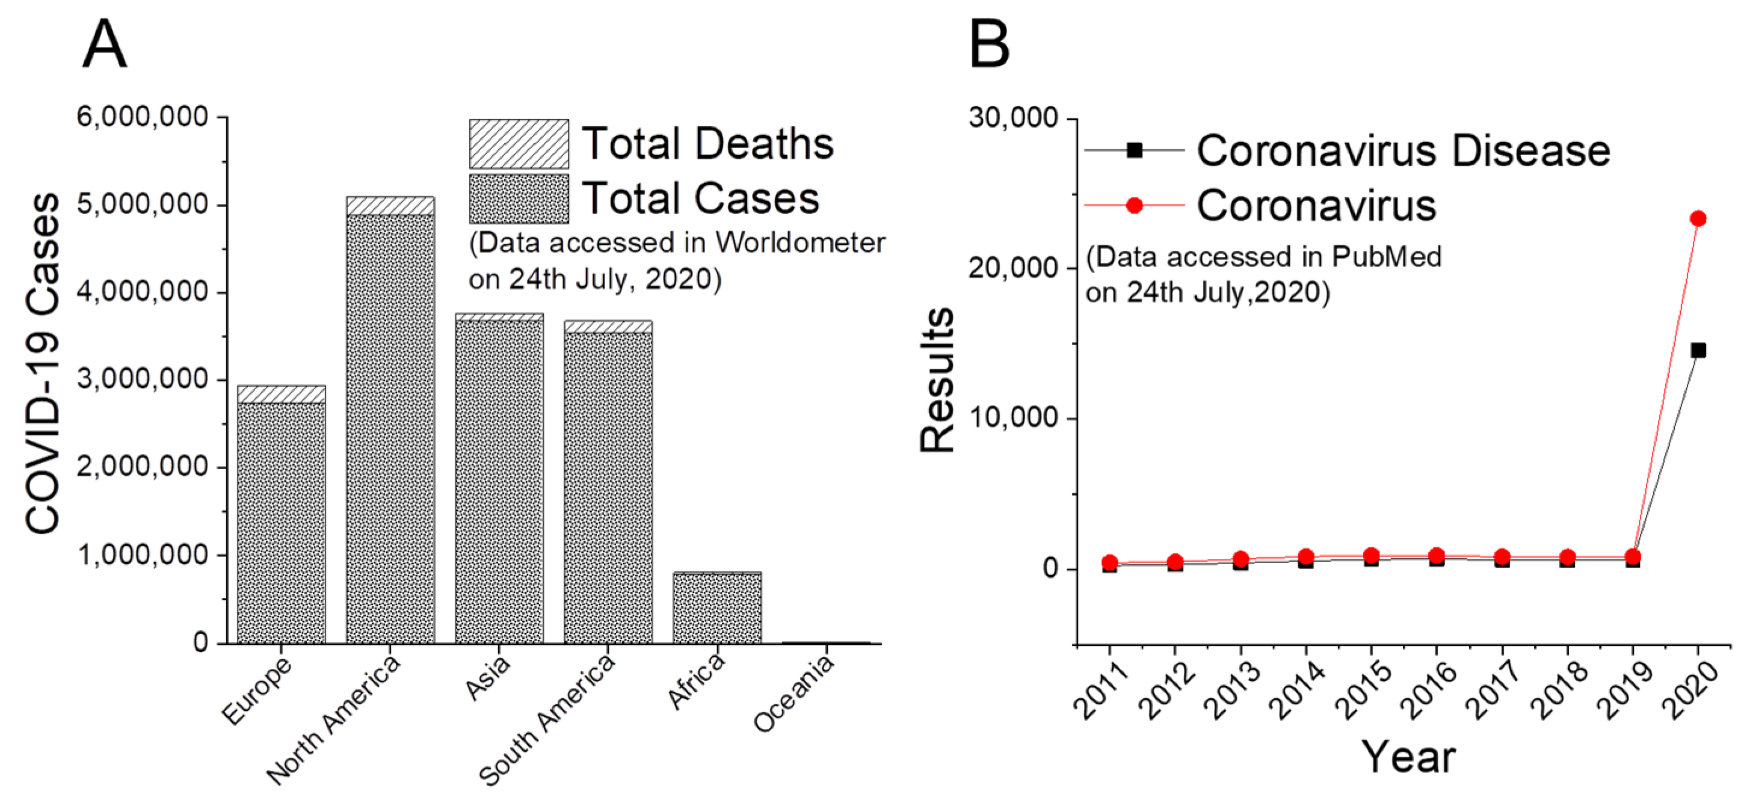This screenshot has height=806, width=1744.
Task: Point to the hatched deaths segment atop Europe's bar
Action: click(x=281, y=394)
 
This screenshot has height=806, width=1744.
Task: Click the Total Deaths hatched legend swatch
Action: click(x=519, y=144)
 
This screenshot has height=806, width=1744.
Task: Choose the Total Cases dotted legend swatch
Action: click(x=519, y=199)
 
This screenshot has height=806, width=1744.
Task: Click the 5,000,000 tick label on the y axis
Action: click(x=142, y=204)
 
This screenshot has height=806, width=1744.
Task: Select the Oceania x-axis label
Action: click(x=793, y=693)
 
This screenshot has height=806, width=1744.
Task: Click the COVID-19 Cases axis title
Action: click(x=42, y=363)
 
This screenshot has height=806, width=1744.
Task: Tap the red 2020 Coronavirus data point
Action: click(x=1697, y=218)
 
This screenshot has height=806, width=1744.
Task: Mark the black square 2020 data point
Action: click(x=1697, y=350)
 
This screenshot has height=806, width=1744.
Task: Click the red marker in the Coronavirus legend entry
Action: click(x=1135, y=205)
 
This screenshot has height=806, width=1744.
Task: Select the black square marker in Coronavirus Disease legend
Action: click(x=1135, y=150)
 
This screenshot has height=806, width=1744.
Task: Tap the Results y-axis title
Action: click(x=938, y=380)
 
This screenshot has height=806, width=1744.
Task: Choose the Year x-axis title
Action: click(x=1408, y=757)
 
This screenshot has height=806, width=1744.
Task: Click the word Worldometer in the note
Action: click(x=800, y=242)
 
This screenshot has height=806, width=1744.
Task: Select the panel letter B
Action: click(x=989, y=44)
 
